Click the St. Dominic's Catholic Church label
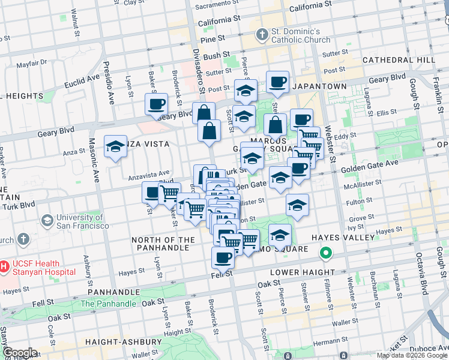tap(300, 35)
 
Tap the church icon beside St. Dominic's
tap(261, 35)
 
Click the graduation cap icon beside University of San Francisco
tap(46, 221)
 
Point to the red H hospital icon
tap(3, 265)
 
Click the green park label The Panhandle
tap(108, 304)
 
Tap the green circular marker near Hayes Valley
tap(326, 253)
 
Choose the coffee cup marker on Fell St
tap(223, 258)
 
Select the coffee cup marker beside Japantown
tap(277, 82)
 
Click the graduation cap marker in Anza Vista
tap(115, 146)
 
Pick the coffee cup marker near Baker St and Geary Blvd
tap(155, 104)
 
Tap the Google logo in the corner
tap(19, 353)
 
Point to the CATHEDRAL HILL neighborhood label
tap(399, 60)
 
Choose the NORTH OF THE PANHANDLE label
tap(163, 244)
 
